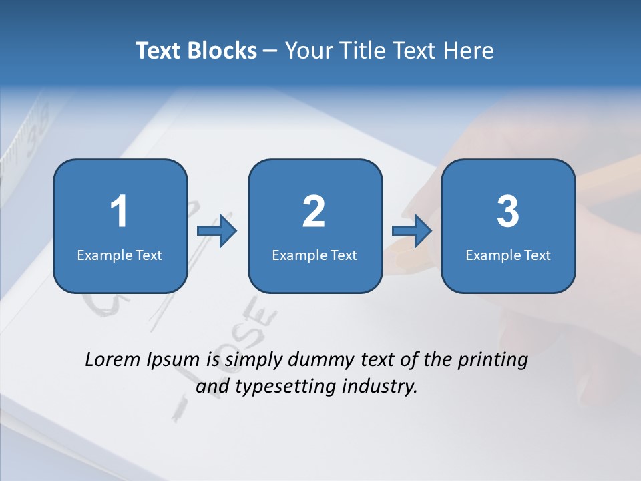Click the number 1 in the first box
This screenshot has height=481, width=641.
coord(119,212)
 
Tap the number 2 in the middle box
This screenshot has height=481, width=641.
coord(314,212)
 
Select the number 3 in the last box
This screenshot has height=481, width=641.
coord(508,212)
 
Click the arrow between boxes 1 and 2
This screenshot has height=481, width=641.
coord(217,231)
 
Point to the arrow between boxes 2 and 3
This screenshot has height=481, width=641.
coord(412,231)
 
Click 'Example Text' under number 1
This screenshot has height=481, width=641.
coord(120,255)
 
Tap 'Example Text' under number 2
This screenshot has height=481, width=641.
coord(314,255)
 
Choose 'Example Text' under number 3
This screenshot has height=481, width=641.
coord(508,255)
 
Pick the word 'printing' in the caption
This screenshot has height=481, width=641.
coord(492,361)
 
